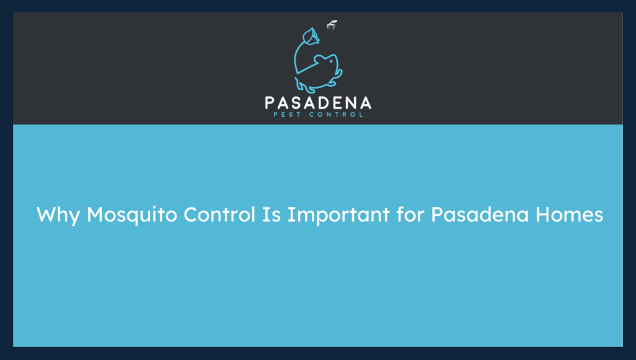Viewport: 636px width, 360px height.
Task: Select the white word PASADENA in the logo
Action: coord(317,102)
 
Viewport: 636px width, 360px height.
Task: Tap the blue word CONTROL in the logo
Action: coord(335,115)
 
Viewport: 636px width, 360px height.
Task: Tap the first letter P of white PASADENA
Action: coord(271,102)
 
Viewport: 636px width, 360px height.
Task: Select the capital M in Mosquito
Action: coord(96,215)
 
